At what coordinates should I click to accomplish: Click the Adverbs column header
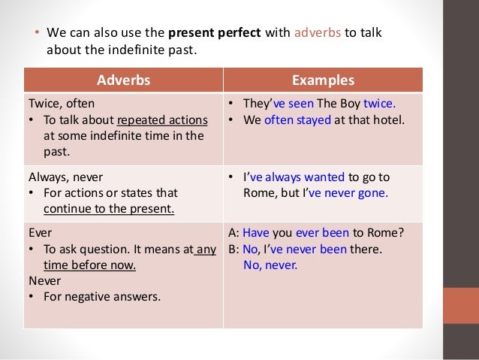123,80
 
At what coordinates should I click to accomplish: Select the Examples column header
323,80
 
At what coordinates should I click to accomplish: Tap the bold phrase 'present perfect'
215,33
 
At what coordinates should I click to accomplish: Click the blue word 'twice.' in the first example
378,104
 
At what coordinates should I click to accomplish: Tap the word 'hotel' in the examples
389,119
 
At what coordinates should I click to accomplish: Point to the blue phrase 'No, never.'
270,265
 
